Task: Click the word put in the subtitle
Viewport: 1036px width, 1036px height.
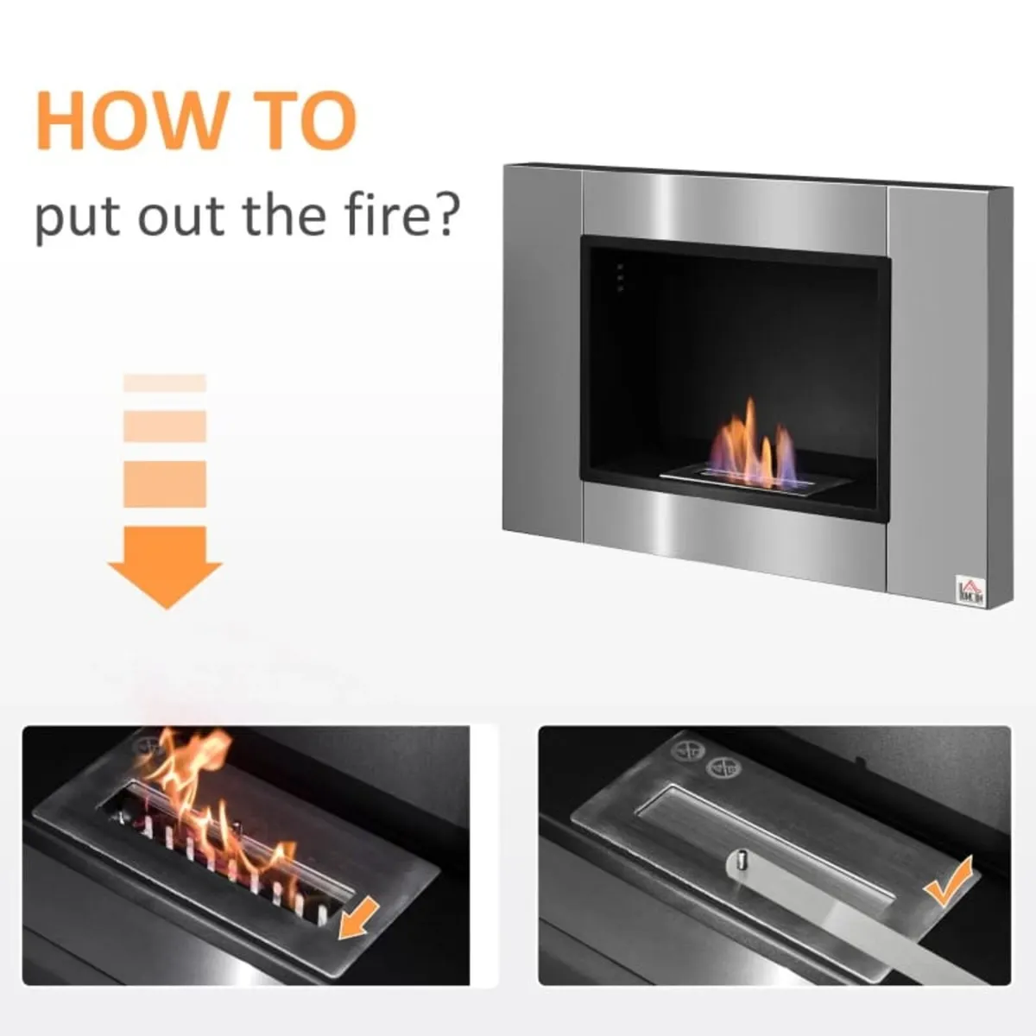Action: [76, 220]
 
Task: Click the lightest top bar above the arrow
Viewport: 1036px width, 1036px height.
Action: [165, 383]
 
